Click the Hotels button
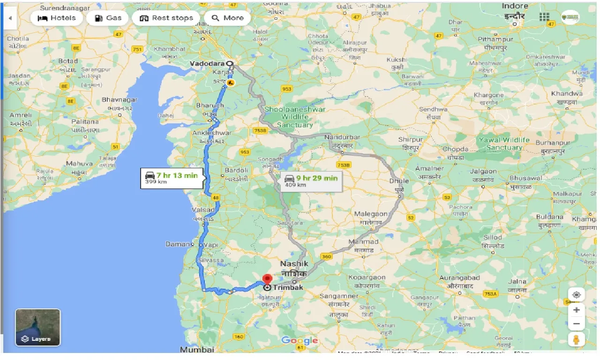[56, 18]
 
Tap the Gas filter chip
[108, 18]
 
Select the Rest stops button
[166, 18]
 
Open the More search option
[228, 18]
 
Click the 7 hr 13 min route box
[172, 178]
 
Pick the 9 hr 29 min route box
[312, 180]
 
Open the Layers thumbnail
[38, 327]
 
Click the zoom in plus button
[576, 310]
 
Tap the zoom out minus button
[576, 323]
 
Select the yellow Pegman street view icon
[576, 340]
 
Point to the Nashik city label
[294, 264]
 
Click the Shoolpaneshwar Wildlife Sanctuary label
[295, 117]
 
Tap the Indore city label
[515, 6]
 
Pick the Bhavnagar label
[120, 100]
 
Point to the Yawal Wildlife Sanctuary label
[504, 143]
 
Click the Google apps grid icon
[544, 17]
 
